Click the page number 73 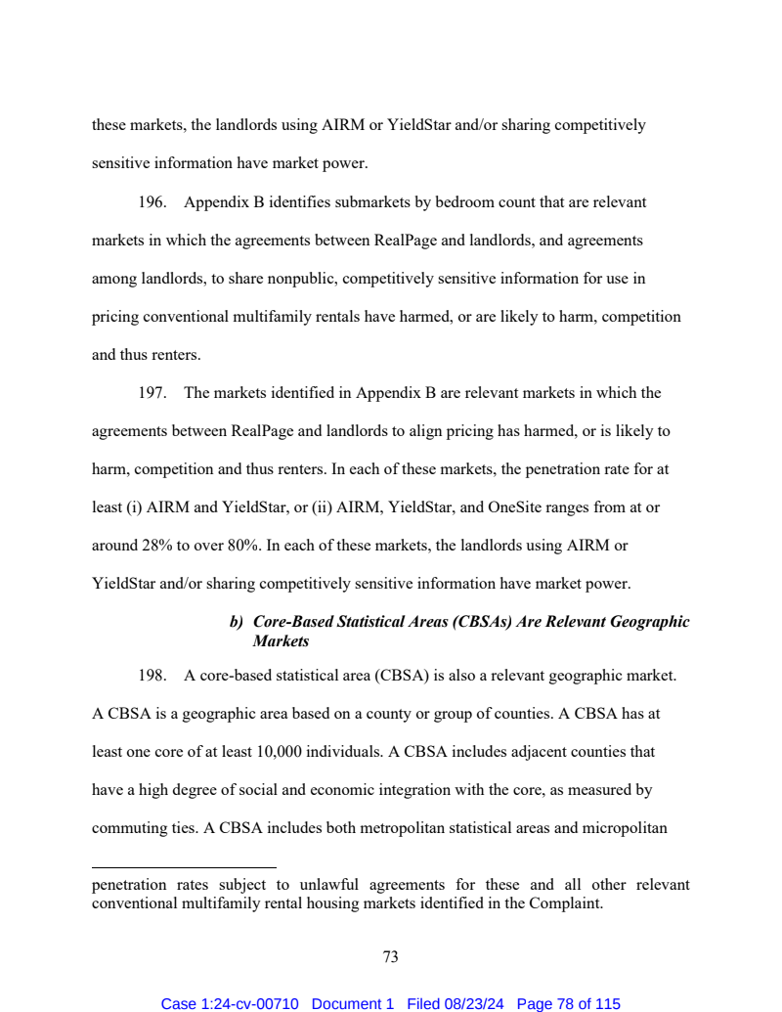(390, 957)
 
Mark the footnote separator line (184, 867)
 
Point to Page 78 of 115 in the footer (568, 1004)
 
